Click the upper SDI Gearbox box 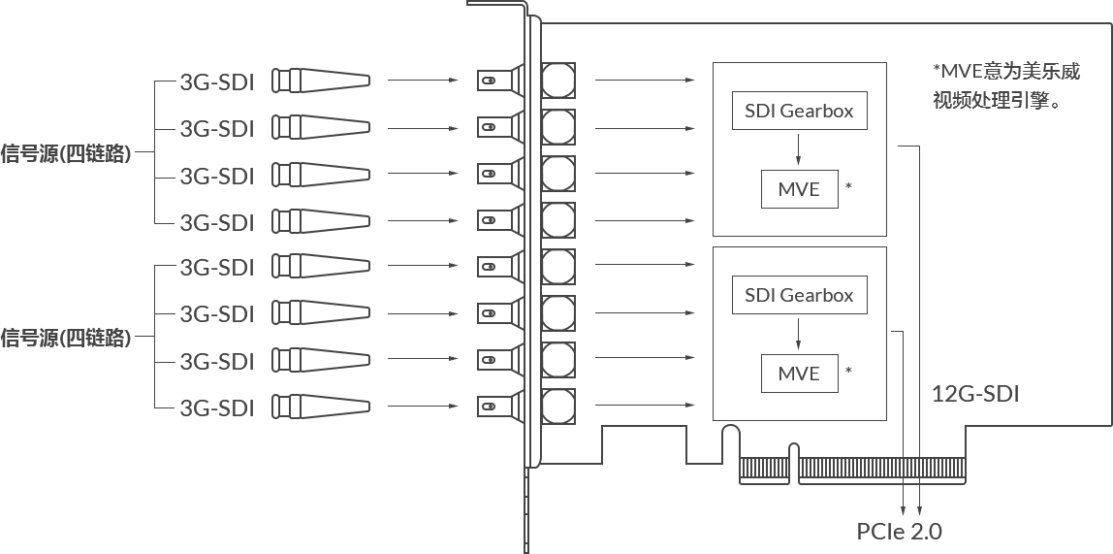[799, 112]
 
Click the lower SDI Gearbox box [799, 295]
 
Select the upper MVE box [799, 189]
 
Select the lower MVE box [799, 374]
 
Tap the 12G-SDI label [974, 394]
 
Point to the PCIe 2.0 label [900, 531]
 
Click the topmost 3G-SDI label [217, 82]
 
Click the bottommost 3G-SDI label [217, 407]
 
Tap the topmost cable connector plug [322, 81]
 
